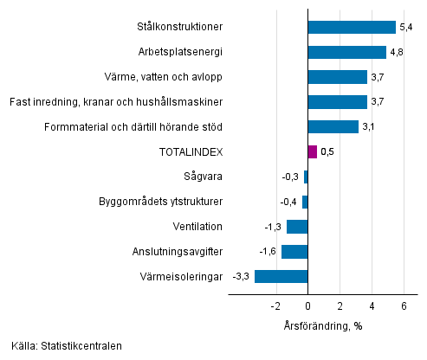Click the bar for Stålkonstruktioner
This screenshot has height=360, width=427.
coord(352,28)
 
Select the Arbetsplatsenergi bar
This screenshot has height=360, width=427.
coord(346,52)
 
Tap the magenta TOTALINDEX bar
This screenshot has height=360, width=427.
coord(312,152)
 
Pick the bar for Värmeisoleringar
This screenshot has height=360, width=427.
coord(281,277)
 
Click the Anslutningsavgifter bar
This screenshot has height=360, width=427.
coord(294,252)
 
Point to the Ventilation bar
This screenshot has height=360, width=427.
coord(297,227)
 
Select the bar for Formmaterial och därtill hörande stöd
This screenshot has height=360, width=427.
coord(333,127)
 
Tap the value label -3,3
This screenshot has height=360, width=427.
coord(242,277)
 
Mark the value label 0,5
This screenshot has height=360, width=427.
coord(327,152)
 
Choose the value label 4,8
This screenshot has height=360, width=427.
coord(396,53)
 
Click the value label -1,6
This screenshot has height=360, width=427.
coord(268,252)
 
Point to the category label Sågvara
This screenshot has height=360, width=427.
coord(204,177)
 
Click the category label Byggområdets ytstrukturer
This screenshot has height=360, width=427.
coord(162,202)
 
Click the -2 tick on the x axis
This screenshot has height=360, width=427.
coord(275,305)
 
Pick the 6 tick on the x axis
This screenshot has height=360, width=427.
coord(404,305)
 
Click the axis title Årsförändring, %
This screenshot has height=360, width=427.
coord(321,325)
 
